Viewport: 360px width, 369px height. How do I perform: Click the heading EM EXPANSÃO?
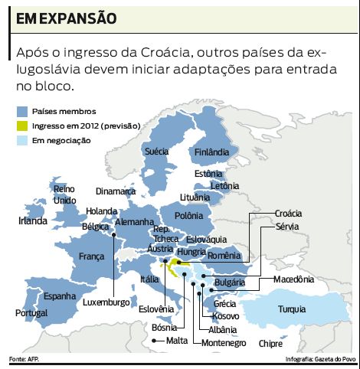[63, 17]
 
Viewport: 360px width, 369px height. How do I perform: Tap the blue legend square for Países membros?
[23, 112]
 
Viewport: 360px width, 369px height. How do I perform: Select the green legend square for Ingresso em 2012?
[23, 126]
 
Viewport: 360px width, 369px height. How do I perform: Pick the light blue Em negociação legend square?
[23, 140]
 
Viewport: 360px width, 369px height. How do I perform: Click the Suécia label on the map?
[156, 152]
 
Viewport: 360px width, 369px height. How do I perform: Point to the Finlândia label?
[212, 152]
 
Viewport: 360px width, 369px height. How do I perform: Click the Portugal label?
[31, 312]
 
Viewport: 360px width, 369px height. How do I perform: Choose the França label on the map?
[92, 256]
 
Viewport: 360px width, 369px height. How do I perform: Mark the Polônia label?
[189, 216]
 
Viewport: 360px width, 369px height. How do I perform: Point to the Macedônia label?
[294, 279]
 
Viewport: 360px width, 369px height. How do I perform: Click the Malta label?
[176, 340]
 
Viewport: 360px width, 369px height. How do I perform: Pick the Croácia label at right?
[288, 213]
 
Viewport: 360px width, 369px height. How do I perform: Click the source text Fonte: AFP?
[24, 359]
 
